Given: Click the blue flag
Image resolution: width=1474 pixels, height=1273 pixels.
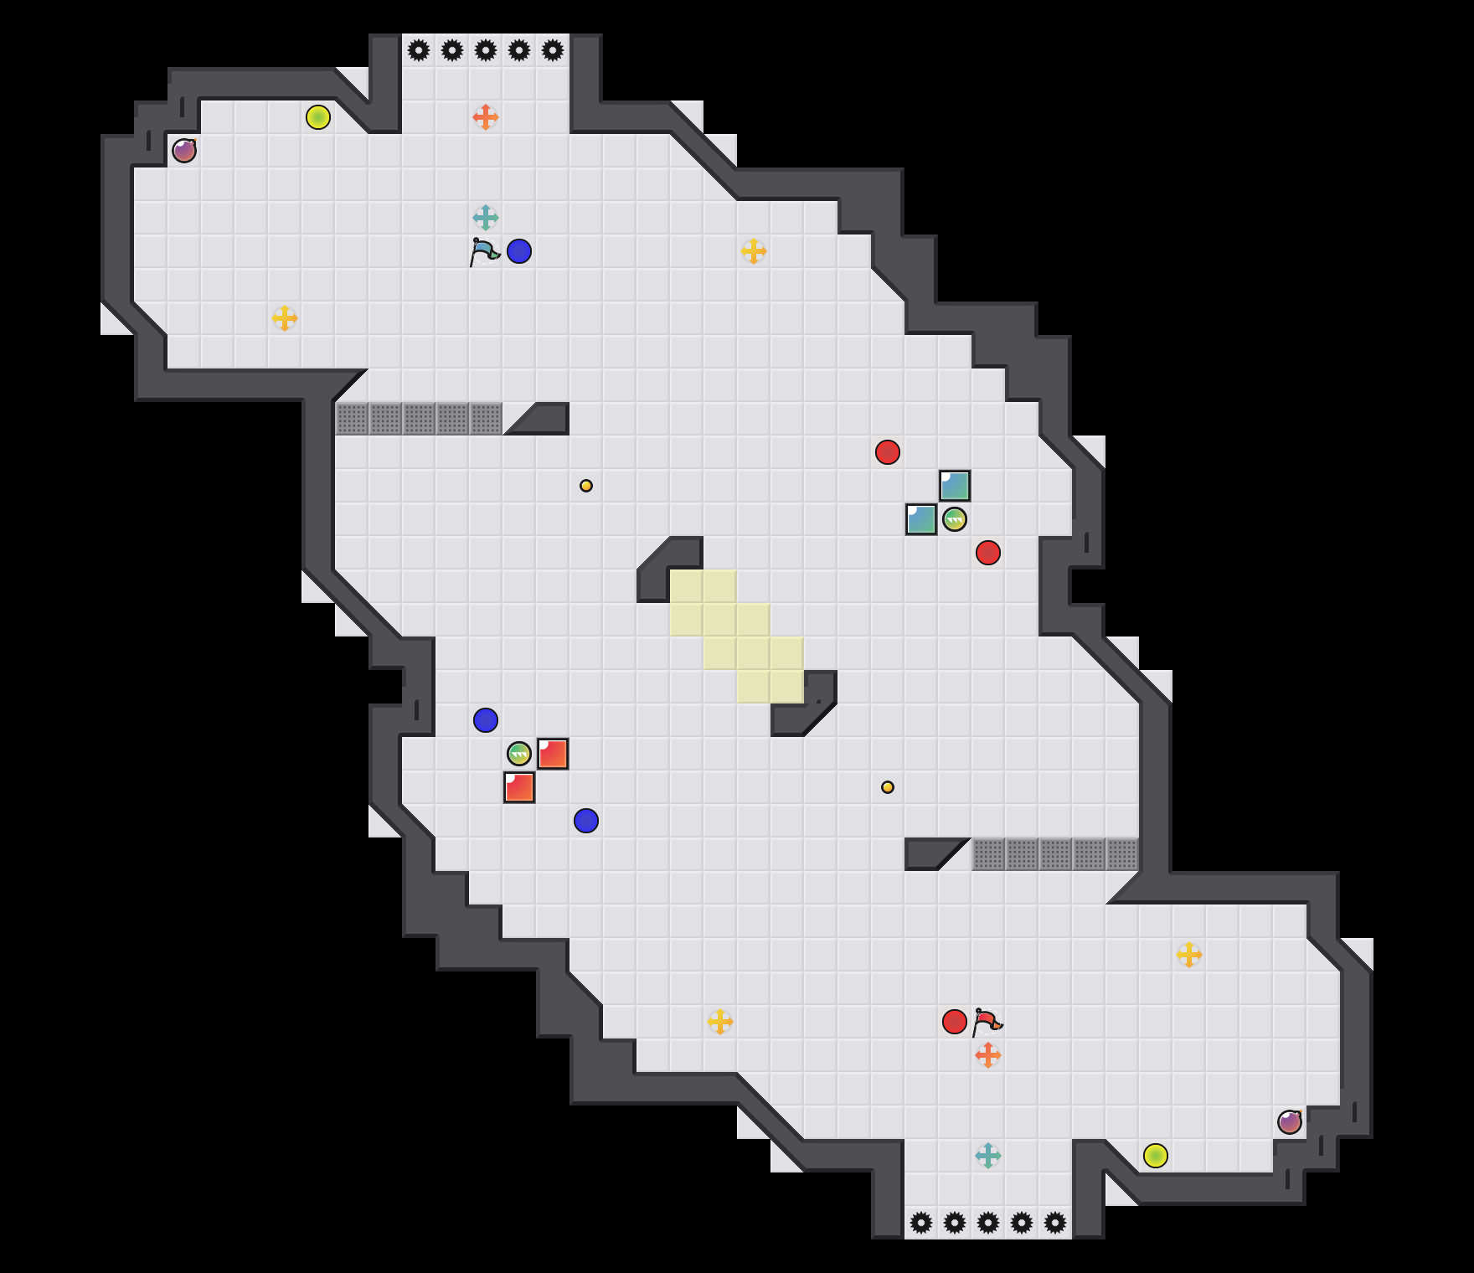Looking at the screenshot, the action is pos(484,251).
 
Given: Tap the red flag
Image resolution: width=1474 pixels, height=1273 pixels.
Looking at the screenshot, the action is pos(987,1022).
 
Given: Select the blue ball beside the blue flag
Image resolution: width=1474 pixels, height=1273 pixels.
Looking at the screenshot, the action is pos(519,251).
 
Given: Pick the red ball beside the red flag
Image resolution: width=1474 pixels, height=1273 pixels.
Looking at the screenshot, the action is pos(955,1022).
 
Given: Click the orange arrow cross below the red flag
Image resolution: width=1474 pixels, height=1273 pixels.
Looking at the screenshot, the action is pos(988,1055).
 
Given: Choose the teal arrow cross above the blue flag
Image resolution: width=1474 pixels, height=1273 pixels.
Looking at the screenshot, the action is pos(486,218).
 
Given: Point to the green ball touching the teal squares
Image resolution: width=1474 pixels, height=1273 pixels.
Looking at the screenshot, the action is pos(955,519).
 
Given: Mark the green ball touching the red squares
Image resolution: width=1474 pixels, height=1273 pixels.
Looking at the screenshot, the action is pos(519,754).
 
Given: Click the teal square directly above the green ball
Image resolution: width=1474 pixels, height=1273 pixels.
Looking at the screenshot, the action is pos(955,486).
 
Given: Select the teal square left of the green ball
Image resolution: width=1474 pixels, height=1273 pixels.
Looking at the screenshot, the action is pos(921,519).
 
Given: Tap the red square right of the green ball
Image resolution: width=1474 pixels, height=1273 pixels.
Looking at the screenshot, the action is pos(553,754).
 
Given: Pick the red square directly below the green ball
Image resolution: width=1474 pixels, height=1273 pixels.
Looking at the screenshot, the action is pos(519,787).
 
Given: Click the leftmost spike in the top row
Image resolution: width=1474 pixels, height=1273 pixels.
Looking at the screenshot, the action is pos(419,50).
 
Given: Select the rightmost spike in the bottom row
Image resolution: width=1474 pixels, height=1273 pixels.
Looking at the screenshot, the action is pos(1055,1223).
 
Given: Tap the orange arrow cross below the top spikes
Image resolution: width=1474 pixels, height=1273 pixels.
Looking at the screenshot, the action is pos(486,117).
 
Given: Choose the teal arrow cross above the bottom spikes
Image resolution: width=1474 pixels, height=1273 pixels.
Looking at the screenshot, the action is pos(988,1156).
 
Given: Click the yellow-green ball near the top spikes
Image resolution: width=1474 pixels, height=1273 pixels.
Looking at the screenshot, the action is pos(318,117).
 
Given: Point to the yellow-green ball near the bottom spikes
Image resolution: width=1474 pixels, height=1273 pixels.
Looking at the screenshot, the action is pos(1156,1156).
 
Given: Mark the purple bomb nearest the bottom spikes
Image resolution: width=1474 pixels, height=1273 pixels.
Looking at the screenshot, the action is pos(1290,1122).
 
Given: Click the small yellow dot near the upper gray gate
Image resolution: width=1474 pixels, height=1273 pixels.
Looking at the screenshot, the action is pos(586,486).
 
